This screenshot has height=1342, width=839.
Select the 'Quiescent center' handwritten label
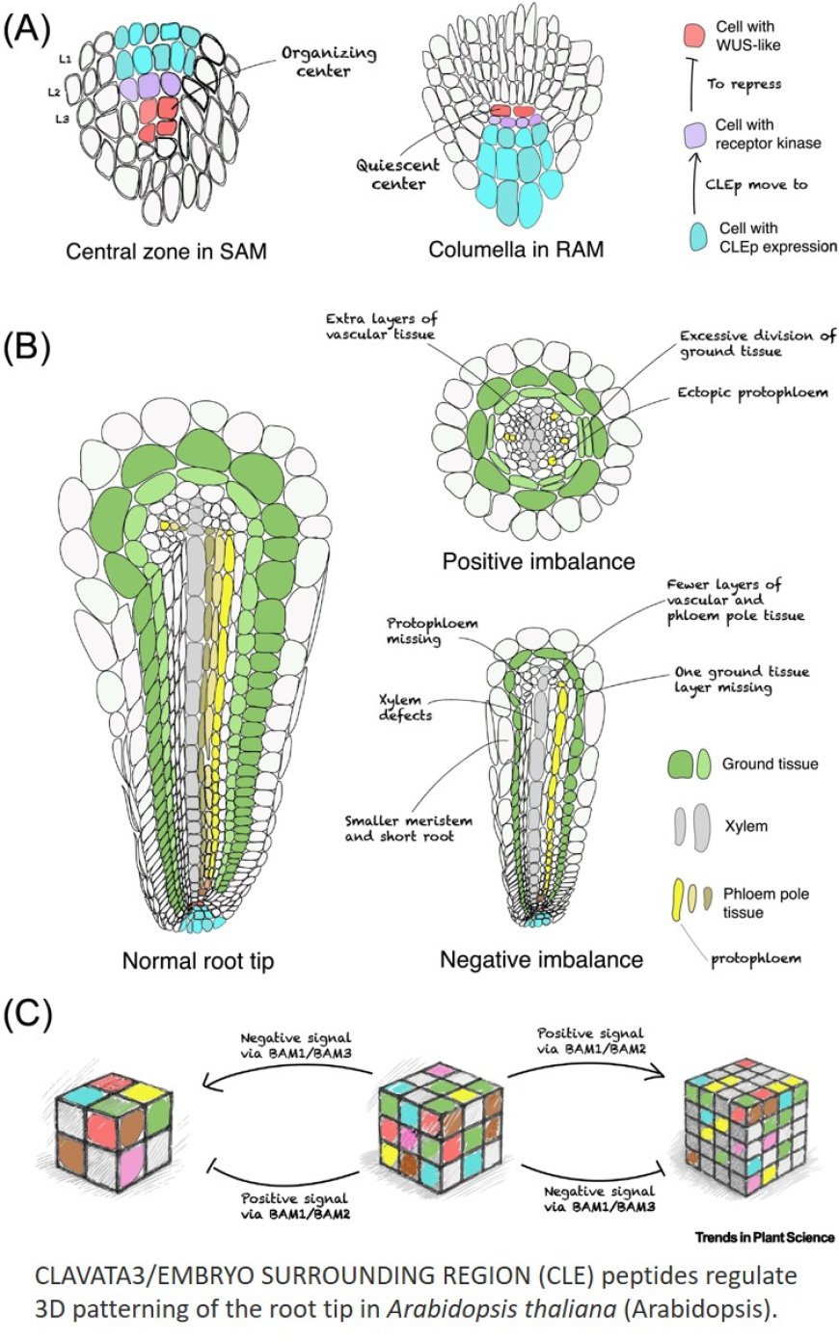pyautogui.click(x=398, y=174)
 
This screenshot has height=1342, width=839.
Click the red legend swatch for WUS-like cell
pyautogui.click(x=693, y=36)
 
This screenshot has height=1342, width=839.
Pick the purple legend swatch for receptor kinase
pyautogui.click(x=693, y=135)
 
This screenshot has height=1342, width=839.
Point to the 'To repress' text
pyautogui.click(x=744, y=84)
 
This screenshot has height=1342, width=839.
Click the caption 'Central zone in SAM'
pyautogui.click(x=166, y=253)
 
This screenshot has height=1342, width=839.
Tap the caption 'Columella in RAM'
pyautogui.click(x=516, y=250)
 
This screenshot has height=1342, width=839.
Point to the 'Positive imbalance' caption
pyautogui.click(x=538, y=560)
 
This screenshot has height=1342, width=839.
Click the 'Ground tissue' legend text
pyautogui.click(x=770, y=764)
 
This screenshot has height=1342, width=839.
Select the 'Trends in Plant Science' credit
pyautogui.click(x=764, y=1237)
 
